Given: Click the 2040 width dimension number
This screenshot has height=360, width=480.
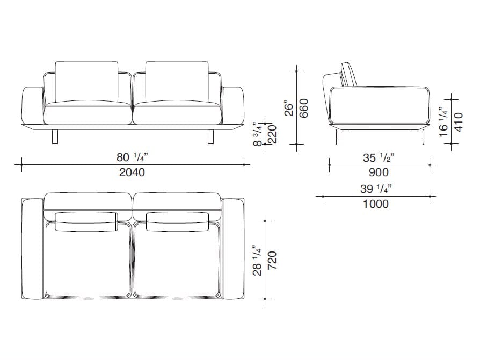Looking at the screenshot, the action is pos(132,172).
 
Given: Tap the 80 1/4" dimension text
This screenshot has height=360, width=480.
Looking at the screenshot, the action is pos(132,157).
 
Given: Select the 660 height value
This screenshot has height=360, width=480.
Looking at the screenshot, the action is pos(304,108).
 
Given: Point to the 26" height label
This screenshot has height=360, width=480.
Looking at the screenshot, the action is pos(289,108).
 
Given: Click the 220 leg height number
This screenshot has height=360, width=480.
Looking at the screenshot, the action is pos(272,134).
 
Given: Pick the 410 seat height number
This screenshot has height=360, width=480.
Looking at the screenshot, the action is pos(459,122).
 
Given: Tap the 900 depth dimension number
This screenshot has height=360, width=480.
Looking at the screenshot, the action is pos(379,172).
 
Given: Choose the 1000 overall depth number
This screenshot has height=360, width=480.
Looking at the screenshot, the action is pos(376,204).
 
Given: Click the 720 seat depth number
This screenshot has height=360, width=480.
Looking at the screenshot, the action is pos(272,261).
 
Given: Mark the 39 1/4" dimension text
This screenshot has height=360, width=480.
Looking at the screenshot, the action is pos(376,189).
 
